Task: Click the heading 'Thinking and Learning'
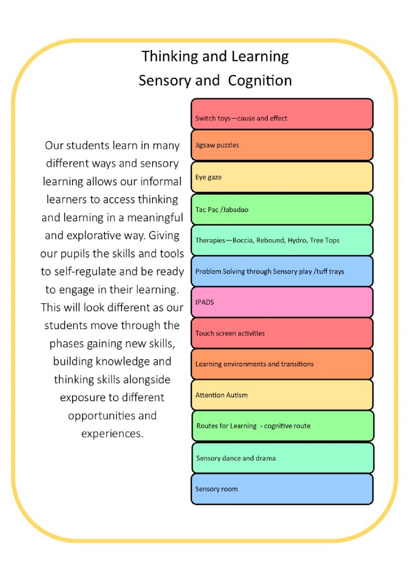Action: click(x=215, y=57)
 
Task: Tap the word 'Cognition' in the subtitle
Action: click(x=259, y=80)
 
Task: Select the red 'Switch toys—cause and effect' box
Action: click(x=282, y=114)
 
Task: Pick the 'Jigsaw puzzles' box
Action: click(x=282, y=145)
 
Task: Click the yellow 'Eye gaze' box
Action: click(x=282, y=177)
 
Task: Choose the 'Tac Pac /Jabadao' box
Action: click(x=282, y=209)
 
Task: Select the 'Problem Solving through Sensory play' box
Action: click(x=282, y=271)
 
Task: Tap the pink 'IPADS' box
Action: click(x=282, y=302)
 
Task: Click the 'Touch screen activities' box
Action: click(x=282, y=333)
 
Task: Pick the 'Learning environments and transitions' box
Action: click(x=282, y=364)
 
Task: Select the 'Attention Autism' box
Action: click(x=282, y=395)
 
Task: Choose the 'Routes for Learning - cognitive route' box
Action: click(x=283, y=426)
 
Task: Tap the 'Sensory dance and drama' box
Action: click(x=283, y=458)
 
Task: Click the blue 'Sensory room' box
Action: click(x=282, y=489)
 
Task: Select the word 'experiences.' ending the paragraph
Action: click(x=112, y=434)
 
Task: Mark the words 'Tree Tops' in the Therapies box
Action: click(x=324, y=240)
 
